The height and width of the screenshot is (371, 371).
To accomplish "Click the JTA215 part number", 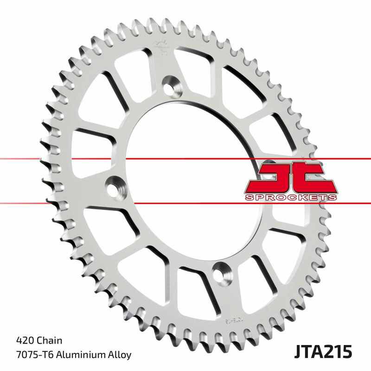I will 323,351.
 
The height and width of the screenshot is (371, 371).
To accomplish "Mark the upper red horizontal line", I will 93,159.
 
